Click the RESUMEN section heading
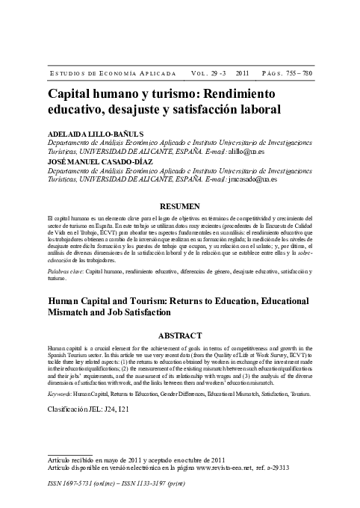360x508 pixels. [180, 205]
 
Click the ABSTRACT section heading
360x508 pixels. [180, 335]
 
